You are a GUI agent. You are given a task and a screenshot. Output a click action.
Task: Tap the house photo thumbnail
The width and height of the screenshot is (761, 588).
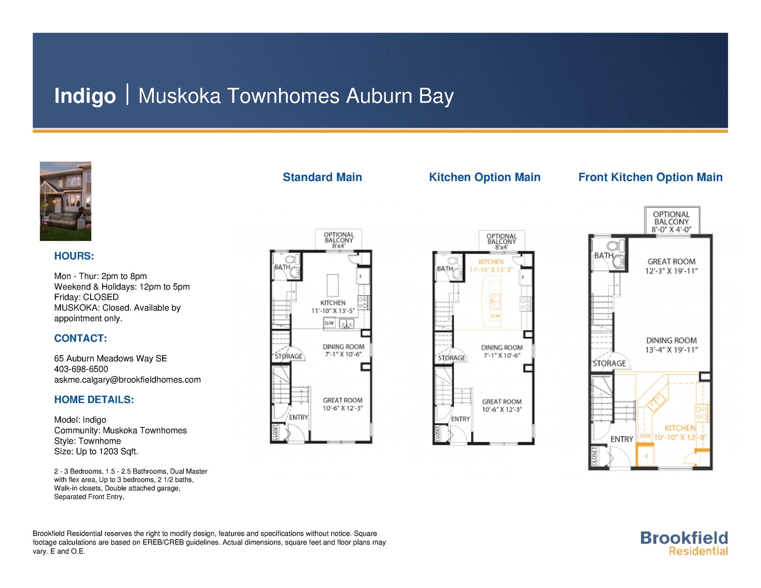65,201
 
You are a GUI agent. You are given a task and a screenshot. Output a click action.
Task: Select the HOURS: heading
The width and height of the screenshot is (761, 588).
74,256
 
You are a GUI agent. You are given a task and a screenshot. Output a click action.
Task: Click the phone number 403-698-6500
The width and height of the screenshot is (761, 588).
81,369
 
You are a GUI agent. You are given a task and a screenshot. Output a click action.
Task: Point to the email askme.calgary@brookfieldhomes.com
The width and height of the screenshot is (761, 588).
127,380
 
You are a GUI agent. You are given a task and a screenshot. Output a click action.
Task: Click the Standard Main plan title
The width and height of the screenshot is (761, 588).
322,177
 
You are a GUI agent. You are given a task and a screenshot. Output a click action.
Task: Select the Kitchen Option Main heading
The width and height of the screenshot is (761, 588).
484,177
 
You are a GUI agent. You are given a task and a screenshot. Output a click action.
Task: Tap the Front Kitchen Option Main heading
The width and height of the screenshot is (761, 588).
650,177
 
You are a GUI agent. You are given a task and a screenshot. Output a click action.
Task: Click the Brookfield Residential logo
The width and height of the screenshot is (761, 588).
684,543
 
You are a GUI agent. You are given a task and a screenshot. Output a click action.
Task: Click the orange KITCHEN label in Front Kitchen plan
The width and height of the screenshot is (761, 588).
680,428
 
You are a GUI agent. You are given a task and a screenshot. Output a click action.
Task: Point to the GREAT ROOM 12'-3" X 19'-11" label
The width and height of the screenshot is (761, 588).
671,266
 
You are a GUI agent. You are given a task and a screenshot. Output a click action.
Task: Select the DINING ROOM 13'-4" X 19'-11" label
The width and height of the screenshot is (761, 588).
671,345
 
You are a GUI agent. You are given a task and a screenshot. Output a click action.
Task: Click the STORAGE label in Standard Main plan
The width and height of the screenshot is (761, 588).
288,356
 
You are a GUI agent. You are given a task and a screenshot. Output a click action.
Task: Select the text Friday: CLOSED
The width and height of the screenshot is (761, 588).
86,297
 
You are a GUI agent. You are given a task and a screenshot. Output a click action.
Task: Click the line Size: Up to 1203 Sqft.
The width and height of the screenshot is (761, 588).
96,452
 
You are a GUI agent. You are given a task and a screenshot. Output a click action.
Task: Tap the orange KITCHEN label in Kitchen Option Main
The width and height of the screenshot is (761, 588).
491,262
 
